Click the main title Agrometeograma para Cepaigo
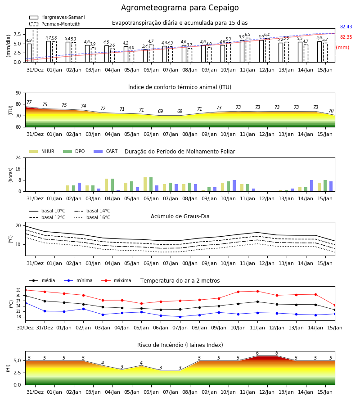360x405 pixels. point(180,8)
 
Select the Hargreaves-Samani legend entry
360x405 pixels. point(57,17)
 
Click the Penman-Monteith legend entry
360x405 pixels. point(55,24)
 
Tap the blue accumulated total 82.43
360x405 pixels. point(346,27)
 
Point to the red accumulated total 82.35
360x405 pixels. point(346,37)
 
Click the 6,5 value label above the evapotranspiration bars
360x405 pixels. point(247,35)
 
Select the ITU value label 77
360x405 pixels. point(29,102)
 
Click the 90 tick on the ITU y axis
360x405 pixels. point(18,93)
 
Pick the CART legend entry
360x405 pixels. point(106,151)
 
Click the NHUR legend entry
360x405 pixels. point(42,151)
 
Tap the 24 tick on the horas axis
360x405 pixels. point(18,157)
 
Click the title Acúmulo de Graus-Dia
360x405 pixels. point(180,216)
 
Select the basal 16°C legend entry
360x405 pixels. point(92,217)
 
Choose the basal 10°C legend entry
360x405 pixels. point(47,211)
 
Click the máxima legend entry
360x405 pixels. point(116,280)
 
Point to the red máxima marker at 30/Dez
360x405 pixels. point(25,290)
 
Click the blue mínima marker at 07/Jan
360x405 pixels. point(180,317)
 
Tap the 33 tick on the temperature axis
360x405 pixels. point(18,290)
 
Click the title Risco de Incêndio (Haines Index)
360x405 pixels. point(180,345)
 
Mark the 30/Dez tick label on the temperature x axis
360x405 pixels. point(25,328)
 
